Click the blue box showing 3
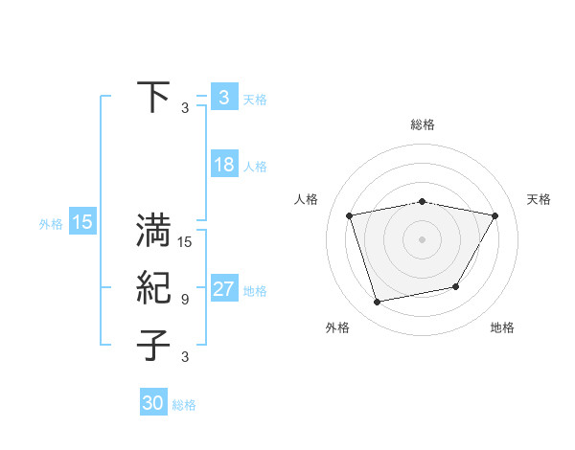[x=223, y=97]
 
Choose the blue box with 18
[x=223, y=165]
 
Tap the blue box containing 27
[x=223, y=289]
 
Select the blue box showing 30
[x=153, y=403]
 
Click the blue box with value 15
[x=81, y=223]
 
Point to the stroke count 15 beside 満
[x=185, y=242]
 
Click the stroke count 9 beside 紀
[x=185, y=300]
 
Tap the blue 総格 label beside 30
[x=184, y=405]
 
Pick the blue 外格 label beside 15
[x=51, y=224]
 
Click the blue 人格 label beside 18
[x=255, y=167]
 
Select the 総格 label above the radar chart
[x=423, y=124]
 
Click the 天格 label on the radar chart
[x=539, y=199]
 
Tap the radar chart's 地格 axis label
[x=502, y=327]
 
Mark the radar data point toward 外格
[x=378, y=303]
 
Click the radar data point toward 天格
[x=494, y=216]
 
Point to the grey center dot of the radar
[x=423, y=239]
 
